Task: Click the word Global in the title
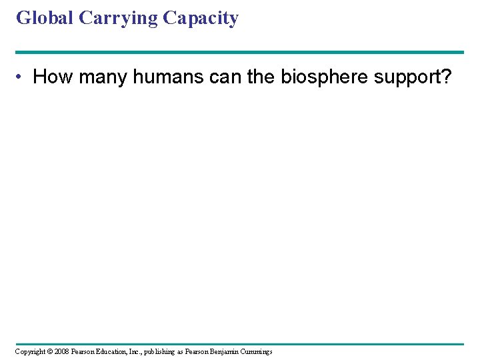[x=45, y=18]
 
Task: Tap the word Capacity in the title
[x=200, y=19]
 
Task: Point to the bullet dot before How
[x=22, y=77]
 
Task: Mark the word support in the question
[x=407, y=78]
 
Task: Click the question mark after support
[x=445, y=77]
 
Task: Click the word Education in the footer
[x=117, y=351]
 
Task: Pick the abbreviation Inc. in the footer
[x=142, y=351]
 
